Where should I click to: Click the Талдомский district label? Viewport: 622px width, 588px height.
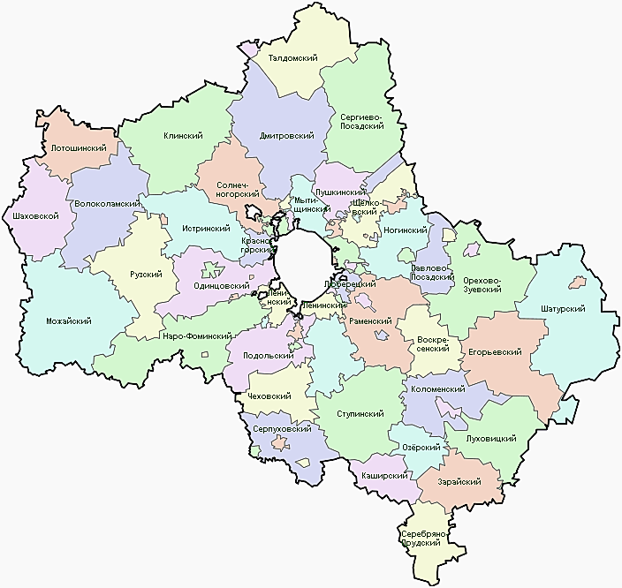coord(292,58)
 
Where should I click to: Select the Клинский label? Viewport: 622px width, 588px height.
coord(184,136)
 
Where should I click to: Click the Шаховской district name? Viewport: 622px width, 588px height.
coord(31,215)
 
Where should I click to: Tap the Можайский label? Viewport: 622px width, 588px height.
coord(69,320)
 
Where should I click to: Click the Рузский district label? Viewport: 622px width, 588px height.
coord(146,275)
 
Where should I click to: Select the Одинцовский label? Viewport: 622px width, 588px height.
coord(220,286)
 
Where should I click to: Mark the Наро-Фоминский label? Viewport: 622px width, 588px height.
coord(197,336)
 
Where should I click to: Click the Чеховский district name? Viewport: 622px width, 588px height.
coord(269,397)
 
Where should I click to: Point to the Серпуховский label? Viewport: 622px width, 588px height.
coord(281,429)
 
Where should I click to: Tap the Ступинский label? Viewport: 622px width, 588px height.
coord(360,413)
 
